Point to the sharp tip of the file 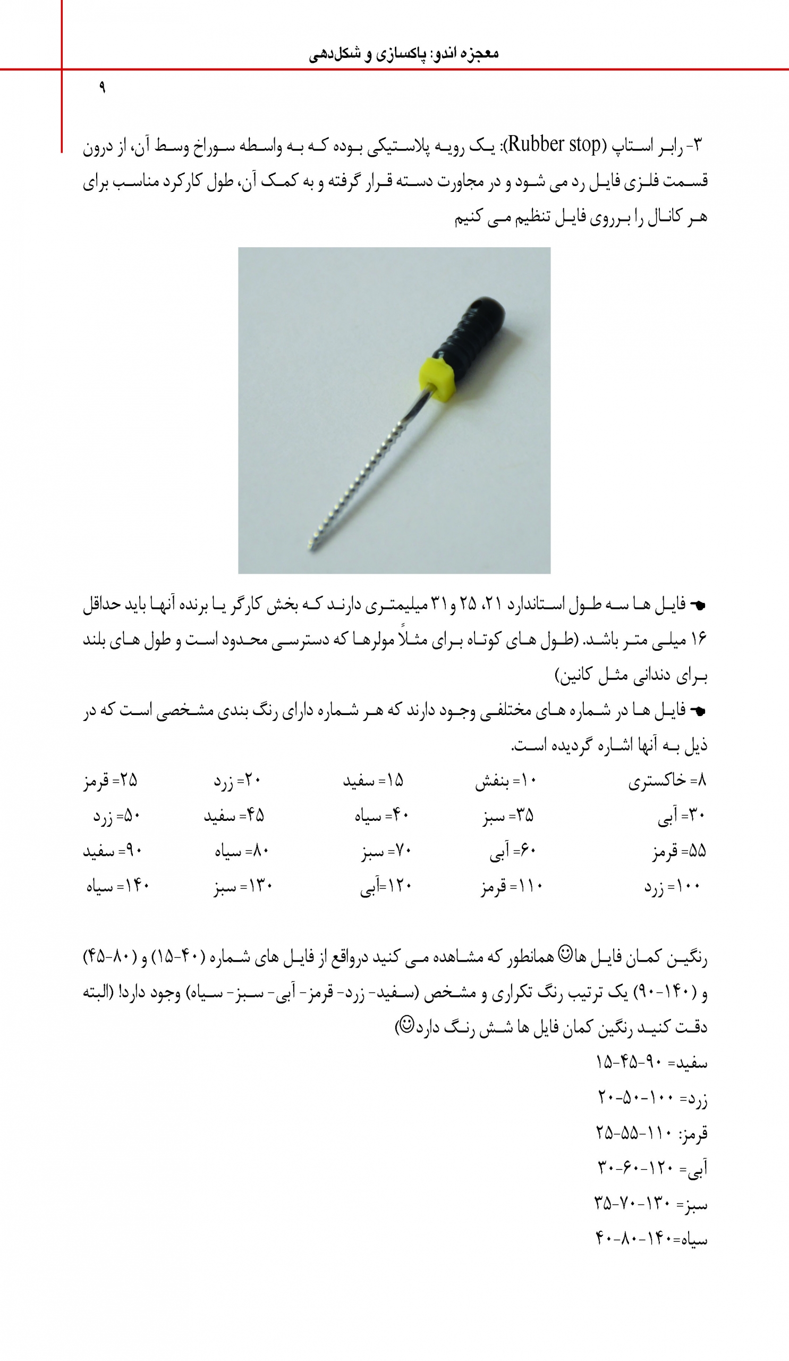pyautogui.click(x=311, y=548)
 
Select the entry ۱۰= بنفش pyautogui.click(x=506, y=782)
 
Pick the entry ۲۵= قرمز pyautogui.click(x=110, y=780)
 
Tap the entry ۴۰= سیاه pyautogui.click(x=381, y=816)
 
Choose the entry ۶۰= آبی pyautogui.click(x=512, y=852)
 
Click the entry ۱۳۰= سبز pyautogui.click(x=243, y=887)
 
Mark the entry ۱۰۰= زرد pyautogui.click(x=672, y=887)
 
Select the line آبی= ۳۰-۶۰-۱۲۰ pyautogui.click(x=652, y=1168)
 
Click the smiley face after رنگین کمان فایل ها pyautogui.click(x=564, y=953)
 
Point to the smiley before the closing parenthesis pyautogui.click(x=406, y=1023)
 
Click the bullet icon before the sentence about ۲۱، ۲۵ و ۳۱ pyautogui.click(x=698, y=606)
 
